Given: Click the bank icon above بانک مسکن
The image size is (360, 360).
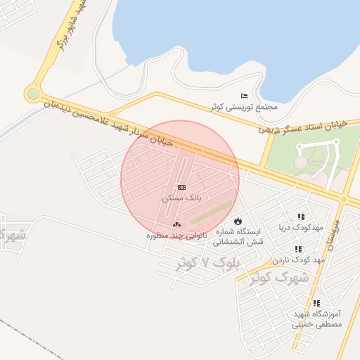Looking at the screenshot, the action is click(x=181, y=187).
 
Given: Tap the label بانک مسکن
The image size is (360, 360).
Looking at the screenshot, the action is click(x=181, y=198).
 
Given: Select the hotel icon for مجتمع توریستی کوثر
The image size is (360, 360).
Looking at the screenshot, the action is click(x=244, y=96).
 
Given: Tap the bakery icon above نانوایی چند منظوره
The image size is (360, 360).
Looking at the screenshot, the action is click(x=176, y=224).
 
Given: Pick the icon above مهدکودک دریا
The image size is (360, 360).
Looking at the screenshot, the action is click(x=301, y=217).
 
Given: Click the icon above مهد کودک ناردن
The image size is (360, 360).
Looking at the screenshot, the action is click(x=298, y=249).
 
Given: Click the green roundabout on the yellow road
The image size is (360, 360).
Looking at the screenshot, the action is click(x=32, y=94).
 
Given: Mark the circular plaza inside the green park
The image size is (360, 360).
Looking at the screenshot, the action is click(x=301, y=162).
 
